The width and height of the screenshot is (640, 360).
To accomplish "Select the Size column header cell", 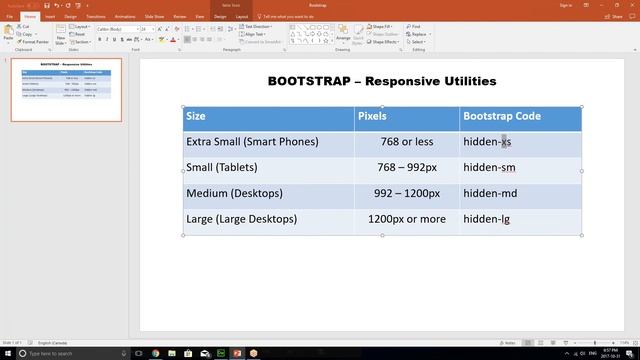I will point(196,117).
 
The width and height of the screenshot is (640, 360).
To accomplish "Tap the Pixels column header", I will point(371,117).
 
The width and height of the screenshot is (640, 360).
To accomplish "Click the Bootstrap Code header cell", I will point(501,117).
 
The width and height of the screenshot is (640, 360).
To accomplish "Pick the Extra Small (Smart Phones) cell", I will point(252,142).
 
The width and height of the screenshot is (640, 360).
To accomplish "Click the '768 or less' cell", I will point(406,142).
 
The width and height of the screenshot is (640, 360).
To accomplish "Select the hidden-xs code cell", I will point(487,142).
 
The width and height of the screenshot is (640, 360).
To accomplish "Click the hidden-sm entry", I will point(489,168).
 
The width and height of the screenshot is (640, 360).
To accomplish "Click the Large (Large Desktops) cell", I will point(241,219).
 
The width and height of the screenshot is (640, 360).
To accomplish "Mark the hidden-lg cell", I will point(487,219).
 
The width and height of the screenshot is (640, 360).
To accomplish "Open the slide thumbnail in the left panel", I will point(66,90).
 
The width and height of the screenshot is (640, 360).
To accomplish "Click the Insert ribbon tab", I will point(50,17).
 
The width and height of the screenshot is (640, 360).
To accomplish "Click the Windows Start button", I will point(7,354).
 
